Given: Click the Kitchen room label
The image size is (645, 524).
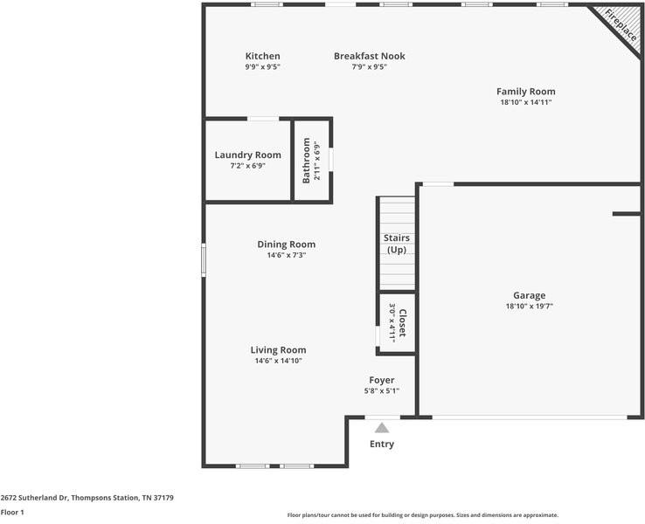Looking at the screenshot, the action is (262, 56).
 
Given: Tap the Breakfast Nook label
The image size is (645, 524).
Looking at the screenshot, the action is (370, 56).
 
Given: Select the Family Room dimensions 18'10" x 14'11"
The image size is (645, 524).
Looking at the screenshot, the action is (526, 102).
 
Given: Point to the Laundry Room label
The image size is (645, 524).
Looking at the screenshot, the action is (247, 155).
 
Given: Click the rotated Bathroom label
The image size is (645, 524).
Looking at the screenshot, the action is (306, 161).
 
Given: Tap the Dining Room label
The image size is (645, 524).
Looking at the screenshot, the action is (287, 245).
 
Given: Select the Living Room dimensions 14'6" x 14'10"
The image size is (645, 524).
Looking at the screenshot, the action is (278, 361).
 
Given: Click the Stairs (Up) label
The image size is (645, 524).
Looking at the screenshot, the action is (397, 244).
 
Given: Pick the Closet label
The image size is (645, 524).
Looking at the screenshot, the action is (402, 322).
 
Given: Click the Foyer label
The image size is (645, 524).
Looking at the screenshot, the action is (381, 380).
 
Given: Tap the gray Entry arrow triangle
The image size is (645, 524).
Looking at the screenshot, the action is (382, 428).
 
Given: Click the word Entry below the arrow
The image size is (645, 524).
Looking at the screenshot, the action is (382, 444).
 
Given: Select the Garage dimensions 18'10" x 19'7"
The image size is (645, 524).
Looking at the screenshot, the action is (529, 307).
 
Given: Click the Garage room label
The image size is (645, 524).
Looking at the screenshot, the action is (529, 295).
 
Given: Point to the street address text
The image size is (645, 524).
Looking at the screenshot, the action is (87, 498).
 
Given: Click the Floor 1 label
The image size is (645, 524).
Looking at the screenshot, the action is (12, 512).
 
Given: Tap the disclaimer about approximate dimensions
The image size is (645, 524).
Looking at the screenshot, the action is (422, 515).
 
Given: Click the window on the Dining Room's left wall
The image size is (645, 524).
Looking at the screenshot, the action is (204, 259).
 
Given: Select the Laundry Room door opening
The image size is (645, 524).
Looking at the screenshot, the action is (263, 119).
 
